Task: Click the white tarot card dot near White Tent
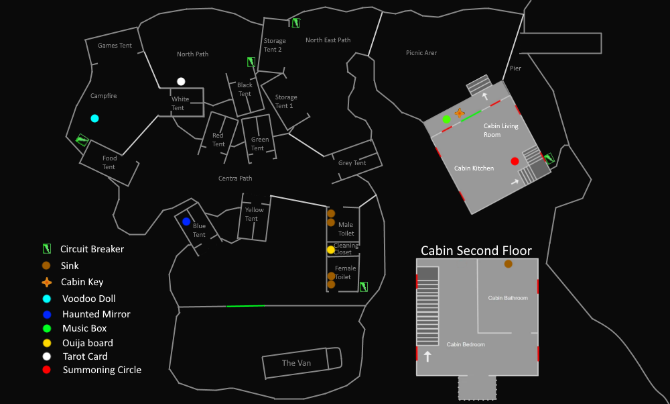pyautogui.click(x=181, y=82)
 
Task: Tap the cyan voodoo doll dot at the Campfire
pyautogui.click(x=94, y=118)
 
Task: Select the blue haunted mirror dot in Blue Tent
pyautogui.click(x=186, y=221)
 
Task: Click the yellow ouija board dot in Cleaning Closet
pyautogui.click(x=330, y=250)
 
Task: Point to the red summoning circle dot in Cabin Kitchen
pyautogui.click(x=515, y=161)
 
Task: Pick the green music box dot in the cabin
pyautogui.click(x=446, y=119)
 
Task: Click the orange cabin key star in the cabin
pyautogui.click(x=459, y=113)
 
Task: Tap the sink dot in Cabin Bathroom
pyautogui.click(x=508, y=264)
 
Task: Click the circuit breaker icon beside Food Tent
pyautogui.click(x=82, y=140)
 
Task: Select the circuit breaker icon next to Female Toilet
pyautogui.click(x=363, y=287)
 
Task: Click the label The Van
pyautogui.click(x=296, y=363)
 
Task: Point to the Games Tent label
pyautogui.click(x=115, y=46)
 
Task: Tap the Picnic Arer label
pyautogui.click(x=421, y=53)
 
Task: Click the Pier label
pyautogui.click(x=515, y=68)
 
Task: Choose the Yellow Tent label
pyautogui.click(x=254, y=214)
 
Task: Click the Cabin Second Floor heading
pyautogui.click(x=476, y=250)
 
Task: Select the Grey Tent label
pyautogui.click(x=352, y=163)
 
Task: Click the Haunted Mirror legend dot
pyautogui.click(x=46, y=314)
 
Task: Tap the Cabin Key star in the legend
pyautogui.click(x=46, y=283)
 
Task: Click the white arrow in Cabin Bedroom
pyautogui.click(x=427, y=356)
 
